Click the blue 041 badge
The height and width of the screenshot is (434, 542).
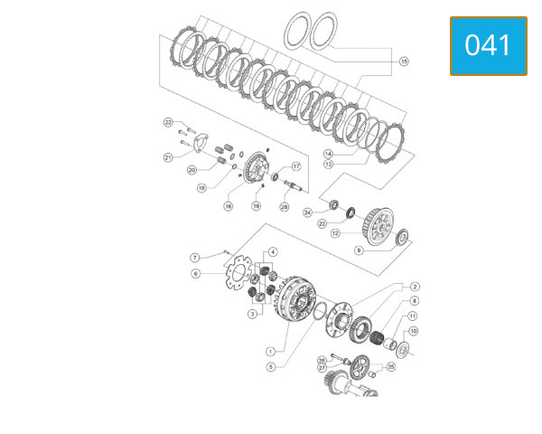tap(488, 46)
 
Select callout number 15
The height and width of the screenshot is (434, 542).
tap(404, 61)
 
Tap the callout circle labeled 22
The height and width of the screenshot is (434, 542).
tap(168, 122)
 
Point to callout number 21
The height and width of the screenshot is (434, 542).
tap(168, 157)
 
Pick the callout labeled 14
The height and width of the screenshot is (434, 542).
tap(328, 154)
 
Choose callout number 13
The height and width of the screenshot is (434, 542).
tap(328, 165)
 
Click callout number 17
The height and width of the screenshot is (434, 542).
tap(295, 166)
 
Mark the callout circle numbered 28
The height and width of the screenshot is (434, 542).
tap(285, 207)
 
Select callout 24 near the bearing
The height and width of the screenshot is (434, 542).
tap(308, 212)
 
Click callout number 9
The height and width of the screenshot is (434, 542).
tap(358, 250)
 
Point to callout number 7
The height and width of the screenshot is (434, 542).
tap(194, 258)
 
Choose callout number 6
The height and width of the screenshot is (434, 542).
tap(194, 273)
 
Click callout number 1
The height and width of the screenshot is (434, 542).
tap(270, 351)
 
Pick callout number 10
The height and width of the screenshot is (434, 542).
tap(413, 332)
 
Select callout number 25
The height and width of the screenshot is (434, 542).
tap(391, 366)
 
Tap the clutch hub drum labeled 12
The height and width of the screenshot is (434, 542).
tap(375, 222)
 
